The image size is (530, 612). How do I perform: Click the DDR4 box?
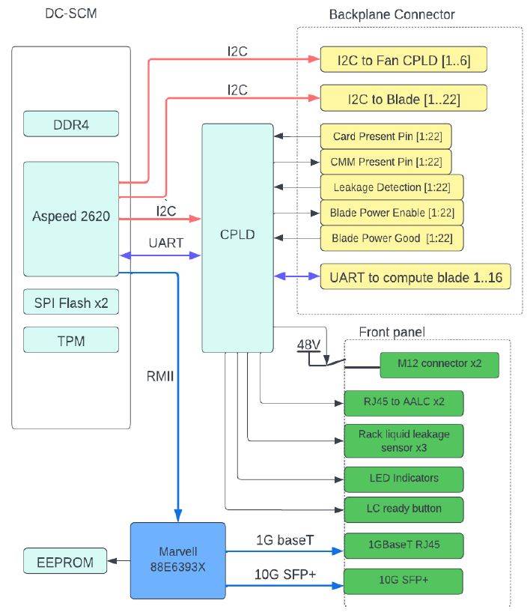70,124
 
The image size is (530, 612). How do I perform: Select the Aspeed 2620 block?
71,218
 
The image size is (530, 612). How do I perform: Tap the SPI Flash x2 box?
70,303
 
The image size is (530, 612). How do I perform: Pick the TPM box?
70,341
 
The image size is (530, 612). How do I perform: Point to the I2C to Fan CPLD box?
404,59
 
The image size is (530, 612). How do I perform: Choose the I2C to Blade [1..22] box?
404,98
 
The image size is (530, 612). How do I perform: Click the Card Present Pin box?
386,137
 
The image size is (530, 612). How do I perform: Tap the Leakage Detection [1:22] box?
392,187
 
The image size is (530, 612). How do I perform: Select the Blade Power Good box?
392,238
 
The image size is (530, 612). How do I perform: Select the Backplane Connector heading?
392,14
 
